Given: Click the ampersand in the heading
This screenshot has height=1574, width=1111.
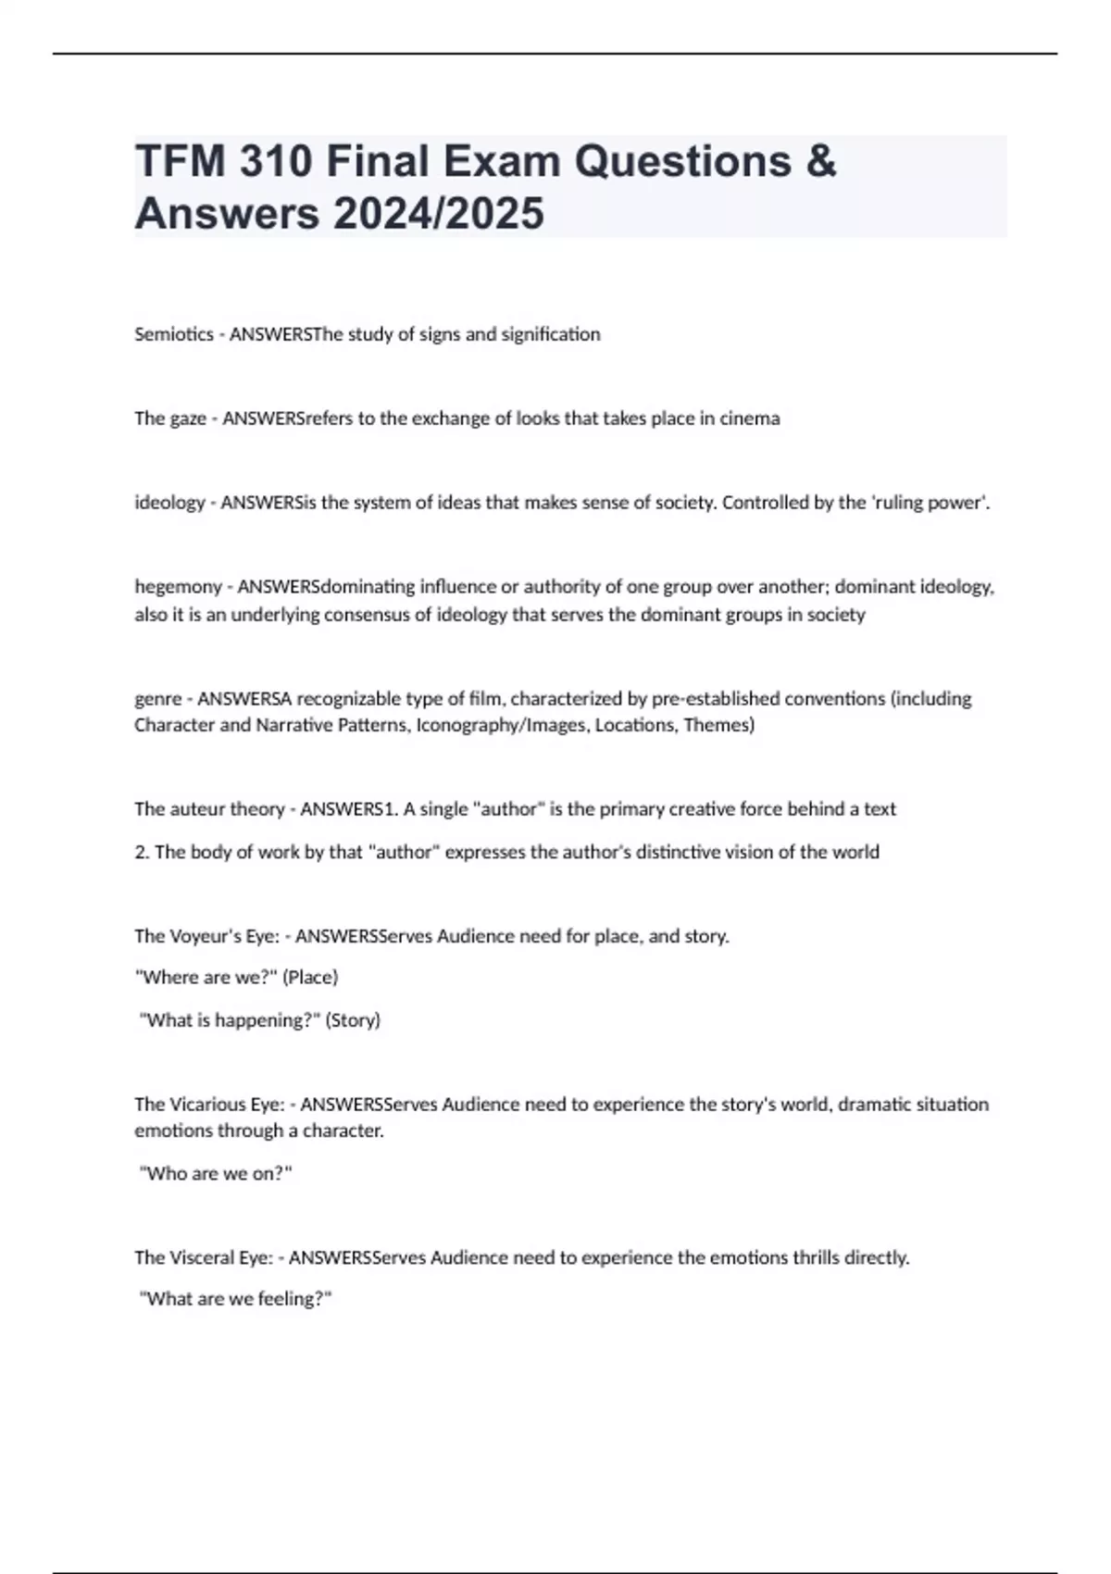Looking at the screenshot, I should coord(819,162).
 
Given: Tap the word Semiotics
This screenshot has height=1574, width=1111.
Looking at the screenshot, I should coord(174,334).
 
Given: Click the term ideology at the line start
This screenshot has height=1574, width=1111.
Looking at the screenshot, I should coord(169,503).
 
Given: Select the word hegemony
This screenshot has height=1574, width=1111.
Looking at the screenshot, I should coord(179,587).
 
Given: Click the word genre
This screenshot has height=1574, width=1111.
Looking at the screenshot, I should coord(157,698).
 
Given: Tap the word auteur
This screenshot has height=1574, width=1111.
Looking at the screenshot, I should coord(197,809).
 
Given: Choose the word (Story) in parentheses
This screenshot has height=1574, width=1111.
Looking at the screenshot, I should coord(353,1020).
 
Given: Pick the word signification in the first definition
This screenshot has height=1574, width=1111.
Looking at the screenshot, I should coord(551,334).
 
